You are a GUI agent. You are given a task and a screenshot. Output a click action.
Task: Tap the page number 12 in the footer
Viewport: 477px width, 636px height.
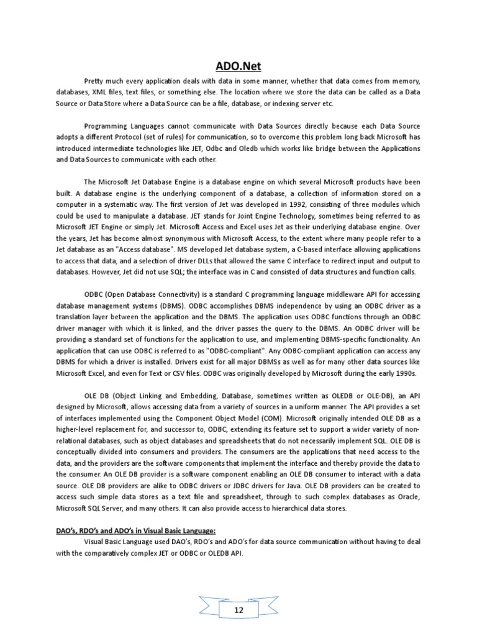(x=238, y=593)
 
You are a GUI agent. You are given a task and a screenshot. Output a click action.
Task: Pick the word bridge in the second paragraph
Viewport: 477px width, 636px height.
(x=293, y=148)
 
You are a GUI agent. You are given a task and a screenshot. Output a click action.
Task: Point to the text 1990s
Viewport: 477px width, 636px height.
(x=403, y=373)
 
